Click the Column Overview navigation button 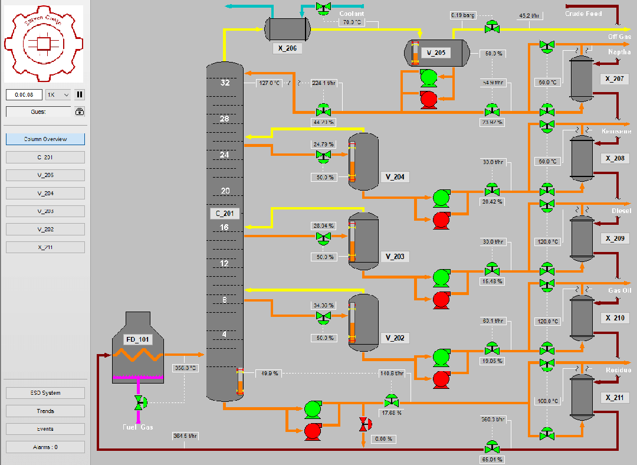[45, 139]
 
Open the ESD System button [45, 393]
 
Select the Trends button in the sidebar [45, 411]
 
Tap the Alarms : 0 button [45, 447]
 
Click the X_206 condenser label [287, 48]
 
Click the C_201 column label [225, 214]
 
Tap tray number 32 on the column [225, 83]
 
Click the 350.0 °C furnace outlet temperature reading [185, 368]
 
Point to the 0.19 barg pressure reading [462, 15]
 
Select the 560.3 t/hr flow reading [494, 420]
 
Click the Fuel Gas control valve [139, 402]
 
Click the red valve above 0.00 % [363, 423]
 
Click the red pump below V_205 [429, 99]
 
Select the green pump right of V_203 [441, 276]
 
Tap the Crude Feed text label [583, 13]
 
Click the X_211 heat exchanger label [614, 398]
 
